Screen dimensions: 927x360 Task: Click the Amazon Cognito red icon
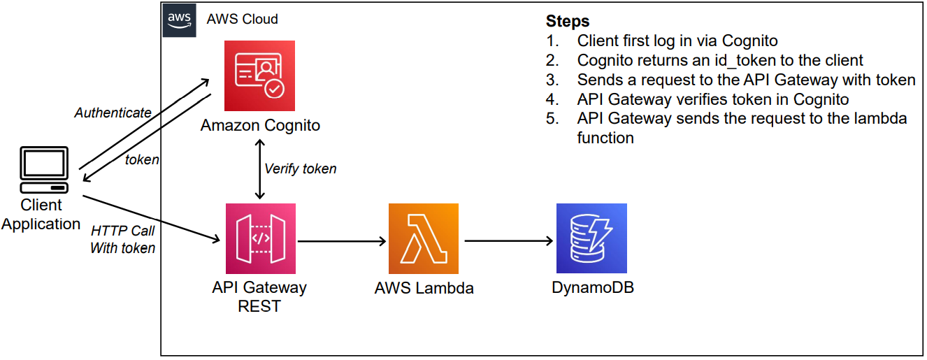pyautogui.click(x=259, y=75)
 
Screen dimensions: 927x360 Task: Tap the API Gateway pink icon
pyautogui.click(x=261, y=238)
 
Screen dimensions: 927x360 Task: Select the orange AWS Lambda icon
pyautogui.click(x=424, y=238)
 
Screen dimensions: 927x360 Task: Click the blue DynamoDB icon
pyautogui.click(x=591, y=238)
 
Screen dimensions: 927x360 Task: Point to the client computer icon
pyautogui.click(x=44, y=170)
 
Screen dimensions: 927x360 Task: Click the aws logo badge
pyautogui.click(x=179, y=20)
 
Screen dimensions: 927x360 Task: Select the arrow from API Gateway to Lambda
pyautogui.click(x=342, y=241)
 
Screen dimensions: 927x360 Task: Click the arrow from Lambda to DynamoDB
pyautogui.click(x=509, y=241)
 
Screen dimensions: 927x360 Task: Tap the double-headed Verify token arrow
pyautogui.click(x=260, y=169)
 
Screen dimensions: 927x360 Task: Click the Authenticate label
pyautogui.click(x=113, y=113)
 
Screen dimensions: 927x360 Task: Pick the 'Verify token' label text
pyautogui.click(x=301, y=169)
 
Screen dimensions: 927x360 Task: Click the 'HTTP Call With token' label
pyautogui.click(x=123, y=239)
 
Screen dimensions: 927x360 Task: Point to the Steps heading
pyautogui.click(x=568, y=21)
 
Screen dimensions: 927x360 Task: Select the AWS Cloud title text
pyautogui.click(x=243, y=19)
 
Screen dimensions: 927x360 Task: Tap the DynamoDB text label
pyautogui.click(x=593, y=287)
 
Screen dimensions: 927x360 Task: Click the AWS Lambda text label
pyautogui.click(x=424, y=288)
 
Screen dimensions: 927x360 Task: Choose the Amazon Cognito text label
pyautogui.click(x=260, y=125)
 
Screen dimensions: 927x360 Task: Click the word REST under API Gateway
pyautogui.click(x=259, y=306)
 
